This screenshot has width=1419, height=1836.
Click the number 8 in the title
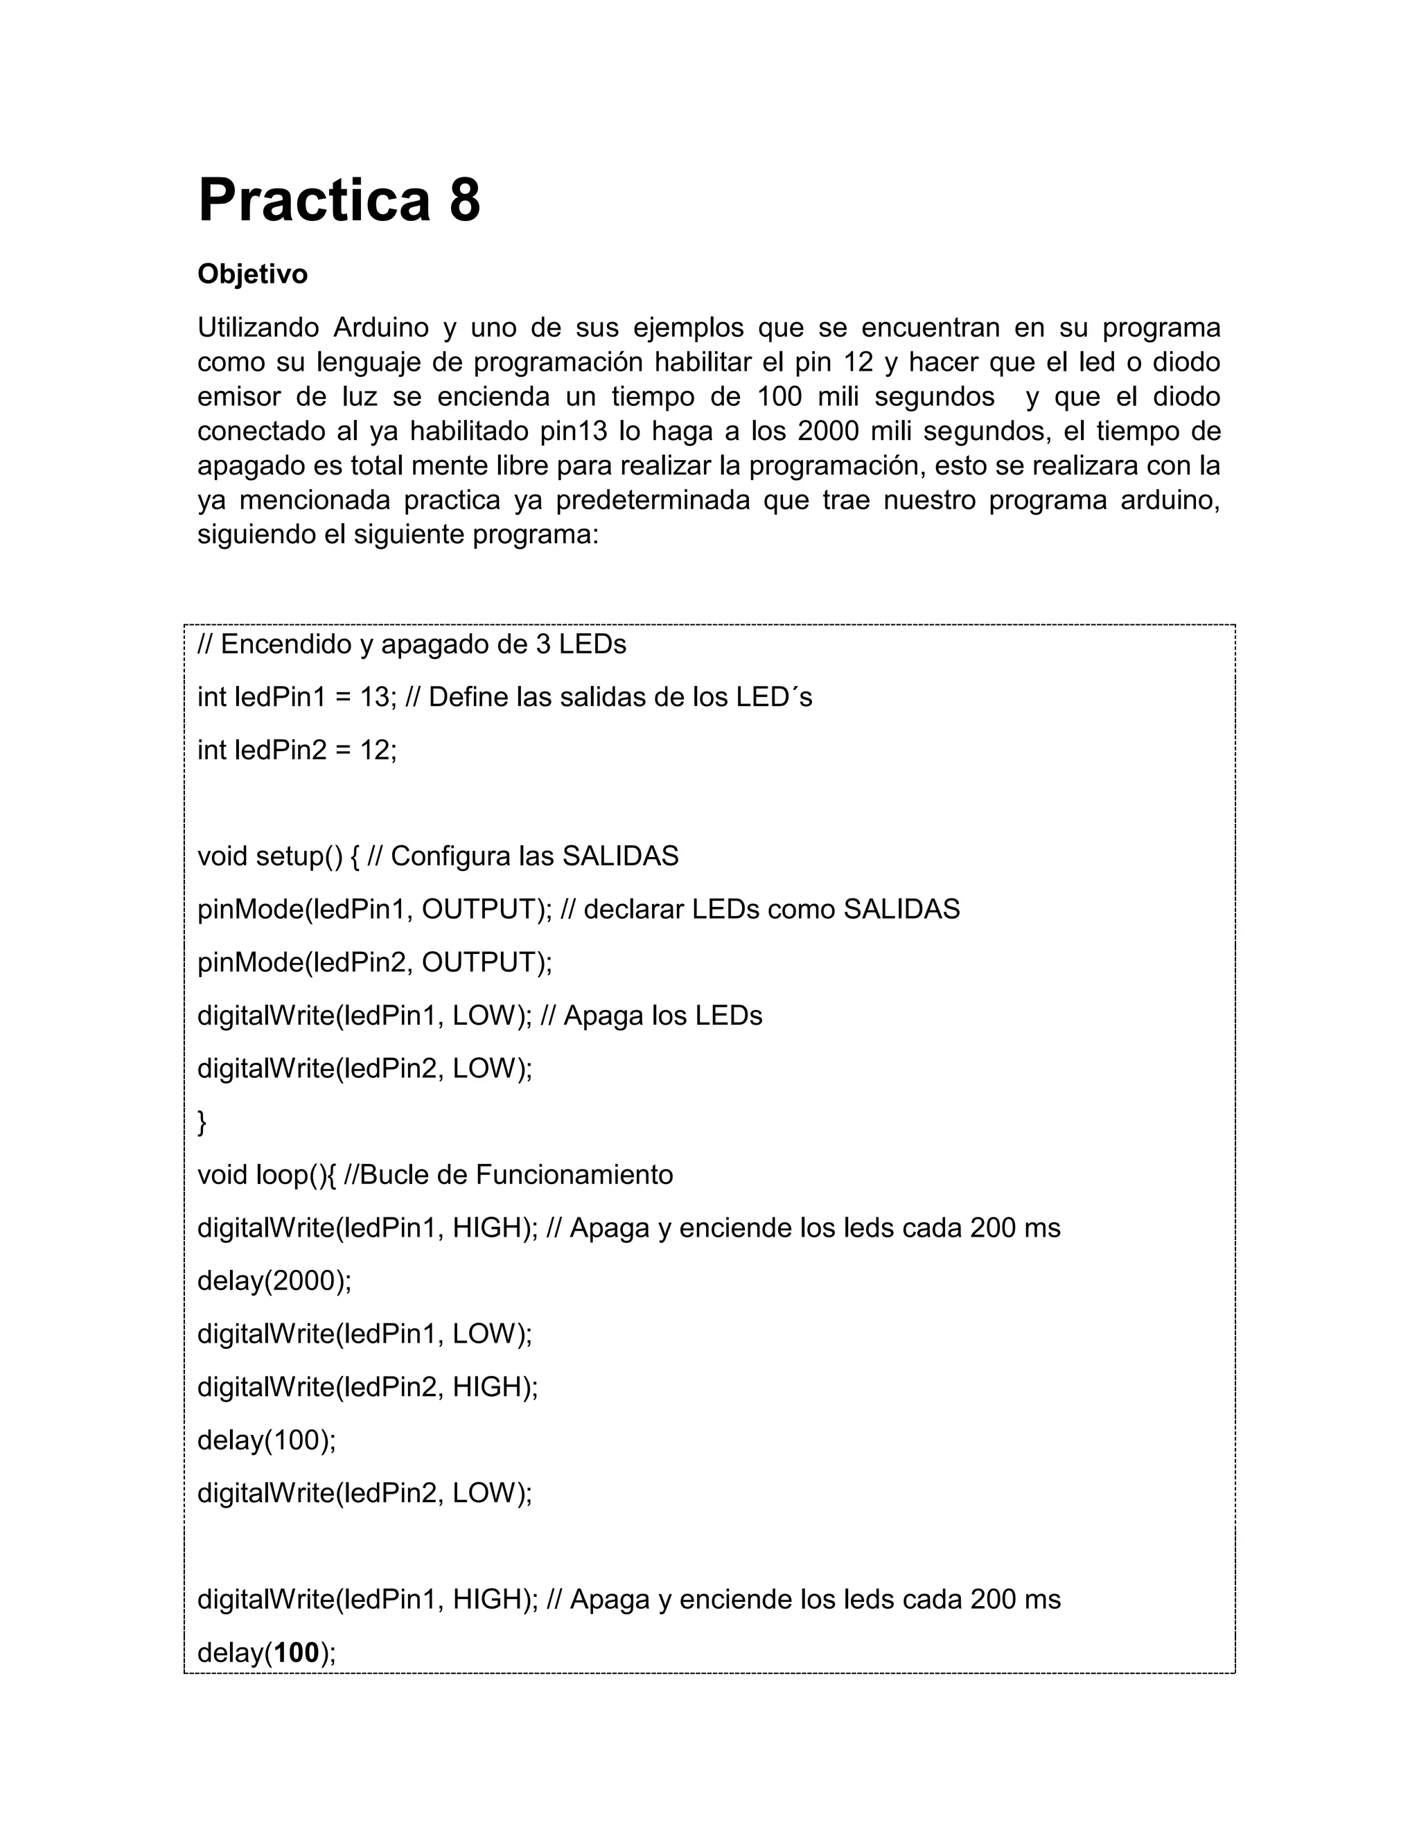click(465, 201)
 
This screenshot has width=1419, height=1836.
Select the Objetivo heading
click(252, 274)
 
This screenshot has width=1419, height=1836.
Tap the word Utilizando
click(258, 327)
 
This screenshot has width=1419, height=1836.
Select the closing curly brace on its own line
click(202, 1122)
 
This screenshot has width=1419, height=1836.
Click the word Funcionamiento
click(574, 1174)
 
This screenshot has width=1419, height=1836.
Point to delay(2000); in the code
click(274, 1281)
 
